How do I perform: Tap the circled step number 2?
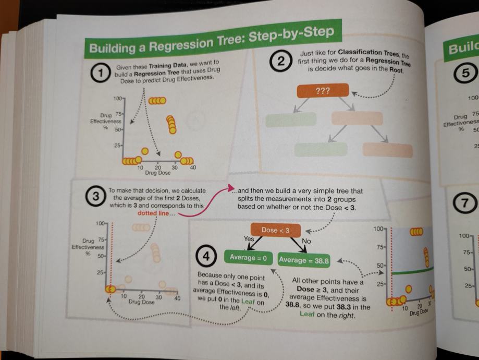coord(282,62)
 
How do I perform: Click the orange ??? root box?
coord(323,92)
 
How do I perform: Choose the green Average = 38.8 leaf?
coord(306,260)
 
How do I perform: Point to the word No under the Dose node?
coord(306,242)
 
